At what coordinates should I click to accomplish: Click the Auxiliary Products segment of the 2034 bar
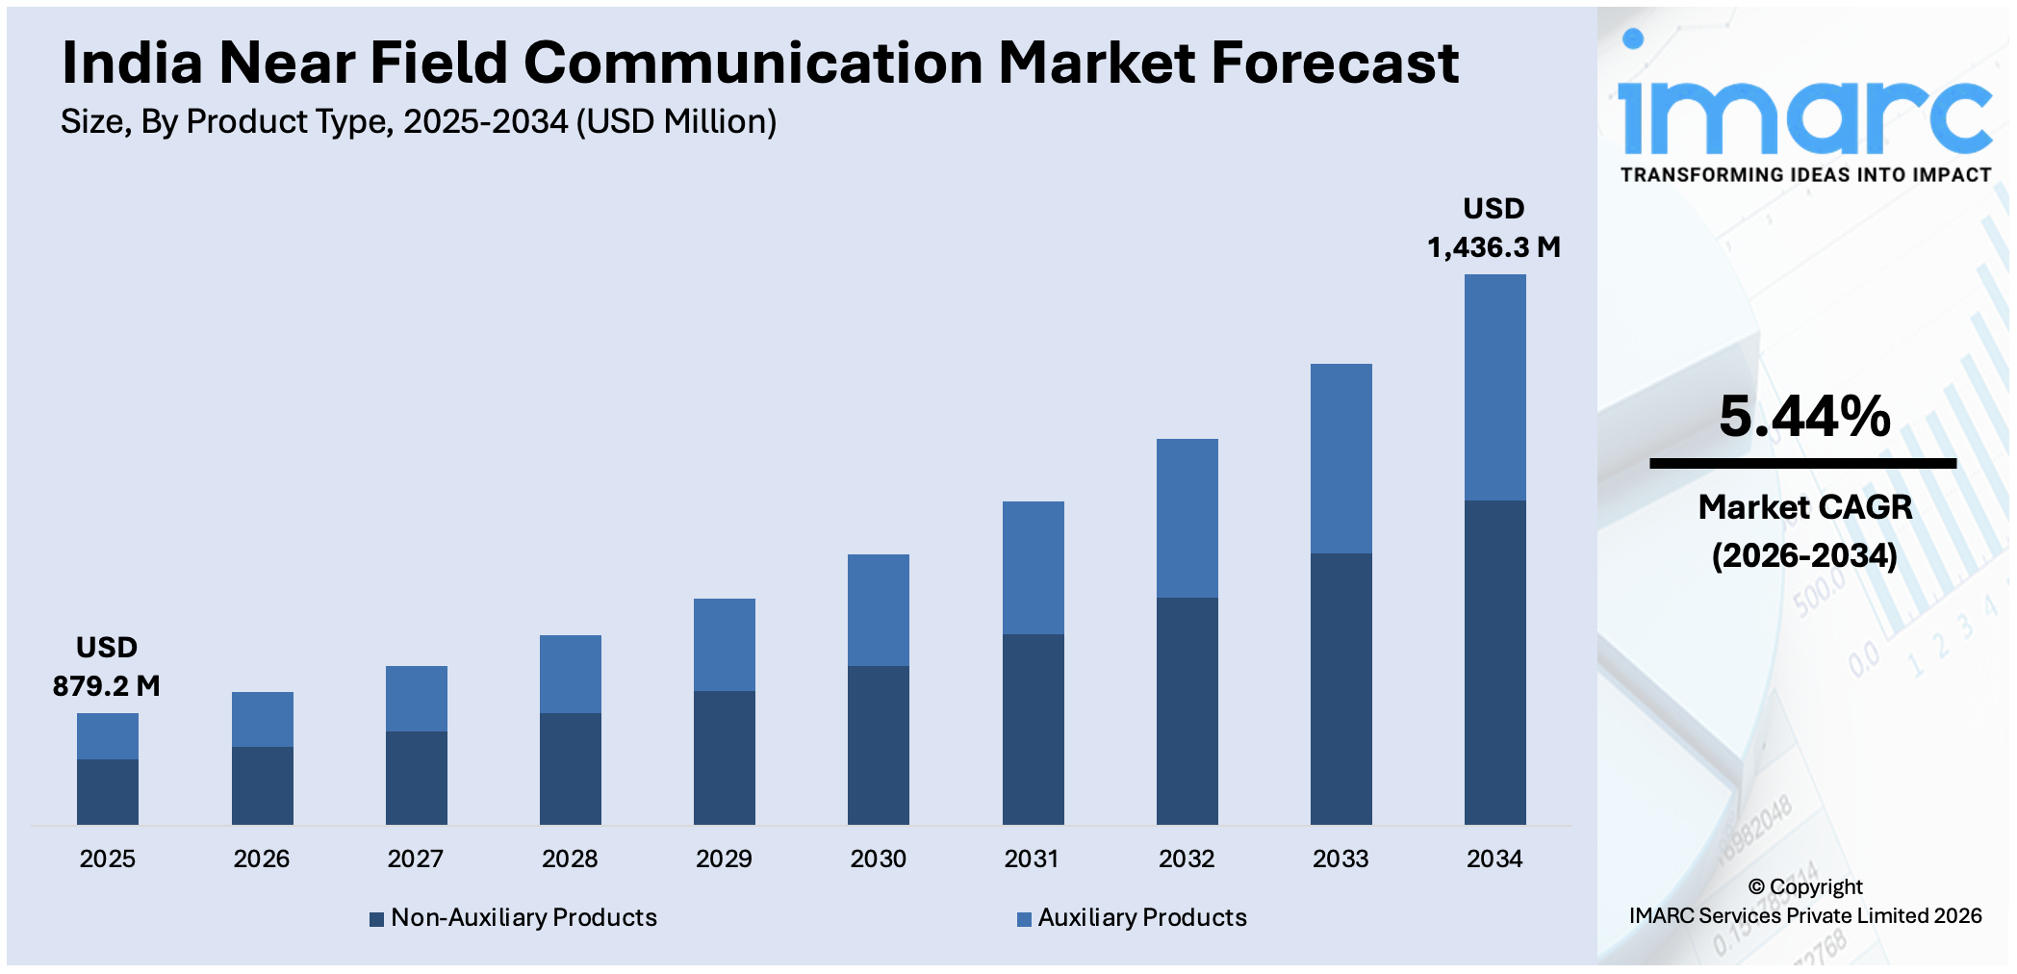(x=1494, y=387)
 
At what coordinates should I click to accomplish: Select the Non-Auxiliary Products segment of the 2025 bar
(x=108, y=791)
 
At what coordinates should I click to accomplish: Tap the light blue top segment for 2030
(x=878, y=609)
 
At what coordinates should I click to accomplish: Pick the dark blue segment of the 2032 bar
(x=1187, y=710)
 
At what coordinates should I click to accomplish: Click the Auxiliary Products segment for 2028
(x=570, y=674)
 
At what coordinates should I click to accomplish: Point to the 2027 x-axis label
(x=415, y=859)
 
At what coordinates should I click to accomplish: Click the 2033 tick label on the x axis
(x=1340, y=859)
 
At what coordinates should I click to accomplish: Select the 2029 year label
(x=724, y=859)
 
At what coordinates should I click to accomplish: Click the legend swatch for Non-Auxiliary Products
(x=377, y=919)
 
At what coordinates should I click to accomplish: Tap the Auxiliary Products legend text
(x=1141, y=917)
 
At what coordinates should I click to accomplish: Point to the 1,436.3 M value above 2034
(x=1494, y=247)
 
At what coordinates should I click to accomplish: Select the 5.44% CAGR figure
(x=1804, y=417)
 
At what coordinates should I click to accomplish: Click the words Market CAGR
(x=1804, y=507)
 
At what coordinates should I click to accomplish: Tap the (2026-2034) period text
(x=1804, y=555)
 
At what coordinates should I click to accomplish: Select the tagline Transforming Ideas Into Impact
(x=1805, y=175)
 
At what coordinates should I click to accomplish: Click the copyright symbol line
(x=1805, y=886)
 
